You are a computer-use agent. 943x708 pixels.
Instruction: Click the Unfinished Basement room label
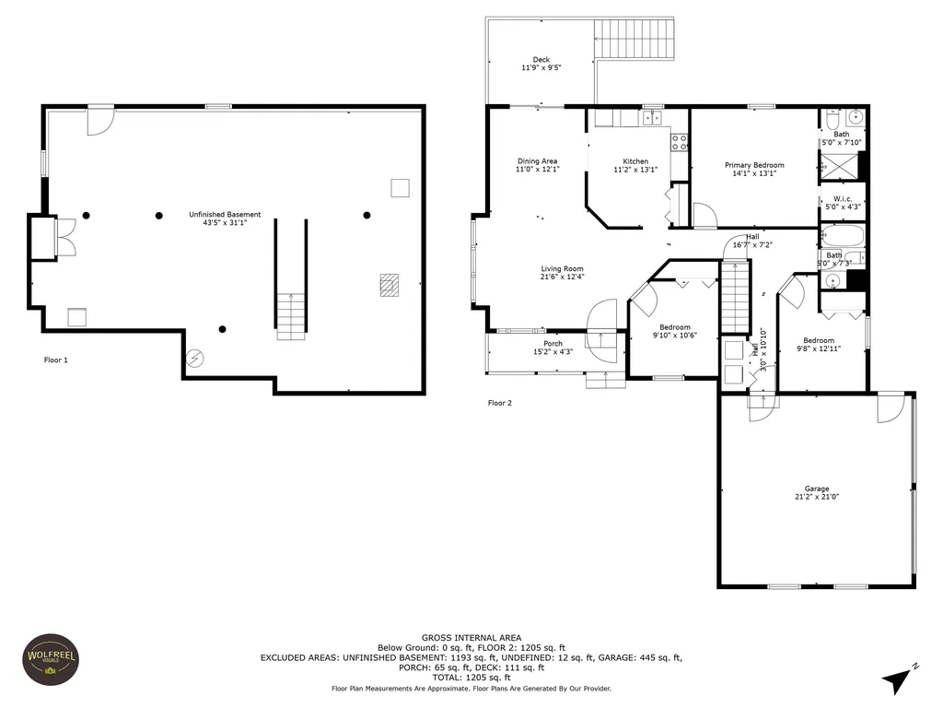pyautogui.click(x=225, y=214)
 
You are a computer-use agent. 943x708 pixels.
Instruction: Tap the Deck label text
pyautogui.click(x=541, y=60)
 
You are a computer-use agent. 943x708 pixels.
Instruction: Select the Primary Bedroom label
pyautogui.click(x=754, y=165)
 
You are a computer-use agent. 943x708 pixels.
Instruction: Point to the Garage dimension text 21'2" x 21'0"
pyautogui.click(x=817, y=497)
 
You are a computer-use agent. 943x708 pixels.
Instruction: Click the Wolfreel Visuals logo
pyautogui.click(x=52, y=659)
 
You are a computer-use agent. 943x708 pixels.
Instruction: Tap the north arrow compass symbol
pyautogui.click(x=900, y=678)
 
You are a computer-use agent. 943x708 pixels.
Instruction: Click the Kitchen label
pyautogui.click(x=635, y=161)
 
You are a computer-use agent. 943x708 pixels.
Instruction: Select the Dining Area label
pyautogui.click(x=537, y=160)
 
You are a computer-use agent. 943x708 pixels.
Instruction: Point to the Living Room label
pyautogui.click(x=562, y=268)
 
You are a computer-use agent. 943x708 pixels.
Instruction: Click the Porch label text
pyautogui.click(x=553, y=344)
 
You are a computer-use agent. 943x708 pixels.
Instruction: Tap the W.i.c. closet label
pyautogui.click(x=843, y=199)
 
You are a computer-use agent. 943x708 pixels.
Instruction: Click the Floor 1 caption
pyautogui.click(x=56, y=360)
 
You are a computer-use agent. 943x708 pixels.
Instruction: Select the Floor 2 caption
pyautogui.click(x=500, y=403)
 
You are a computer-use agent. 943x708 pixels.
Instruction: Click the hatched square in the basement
pyautogui.click(x=390, y=285)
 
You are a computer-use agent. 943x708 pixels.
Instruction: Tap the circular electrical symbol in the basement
pyautogui.click(x=195, y=359)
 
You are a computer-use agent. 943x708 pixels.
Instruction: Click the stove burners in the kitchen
pyautogui.click(x=680, y=142)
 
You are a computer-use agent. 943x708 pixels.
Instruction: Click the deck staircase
pyautogui.click(x=634, y=39)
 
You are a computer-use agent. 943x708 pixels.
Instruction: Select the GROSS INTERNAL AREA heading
pyautogui.click(x=471, y=638)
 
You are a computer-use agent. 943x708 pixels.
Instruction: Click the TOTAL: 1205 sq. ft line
pyautogui.click(x=471, y=678)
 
